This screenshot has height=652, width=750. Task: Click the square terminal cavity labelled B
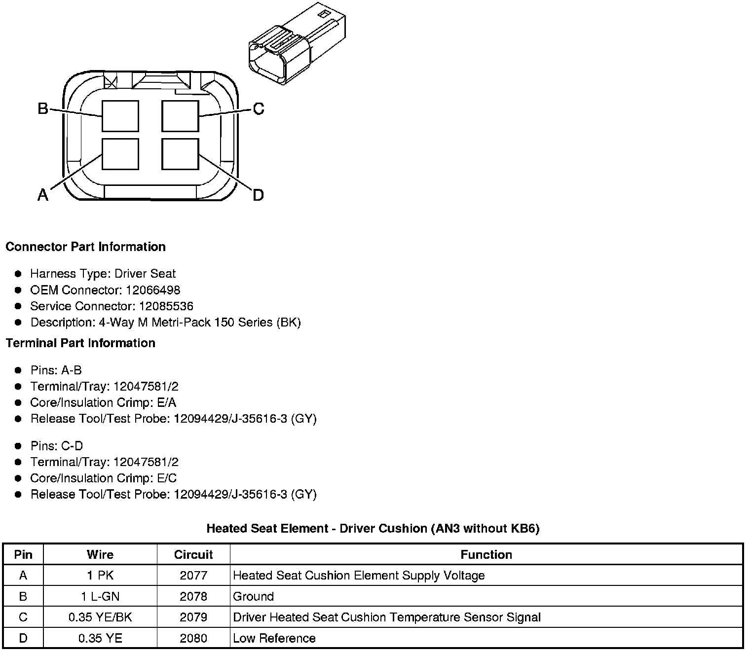(120, 116)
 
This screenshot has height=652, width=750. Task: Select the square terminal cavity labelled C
(180, 116)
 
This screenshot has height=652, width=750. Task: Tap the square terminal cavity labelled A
(120, 154)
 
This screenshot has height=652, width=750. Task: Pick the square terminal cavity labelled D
(180, 154)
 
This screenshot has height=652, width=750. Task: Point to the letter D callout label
(258, 195)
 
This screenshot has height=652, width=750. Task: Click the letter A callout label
(43, 195)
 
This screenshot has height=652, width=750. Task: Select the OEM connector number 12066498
(153, 290)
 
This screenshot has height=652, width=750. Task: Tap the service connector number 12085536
(166, 306)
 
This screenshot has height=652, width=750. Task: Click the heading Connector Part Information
(85, 247)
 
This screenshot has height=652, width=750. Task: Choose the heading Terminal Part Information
(80, 343)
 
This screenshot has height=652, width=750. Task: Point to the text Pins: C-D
(57, 446)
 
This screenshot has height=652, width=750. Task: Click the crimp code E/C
(165, 478)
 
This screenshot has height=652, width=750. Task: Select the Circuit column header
(193, 554)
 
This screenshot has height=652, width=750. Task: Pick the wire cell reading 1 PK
(100, 576)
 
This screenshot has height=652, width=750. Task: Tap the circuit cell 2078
(193, 596)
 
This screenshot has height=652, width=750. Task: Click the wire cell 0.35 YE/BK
(100, 617)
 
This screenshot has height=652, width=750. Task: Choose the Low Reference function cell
(274, 638)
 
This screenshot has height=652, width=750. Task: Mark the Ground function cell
(253, 596)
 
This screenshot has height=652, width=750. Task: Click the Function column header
(486, 554)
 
